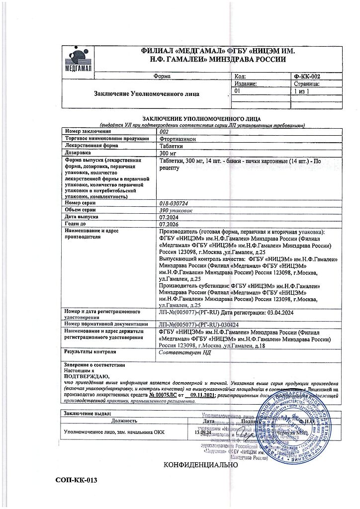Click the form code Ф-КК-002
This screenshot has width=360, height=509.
pos(307,77)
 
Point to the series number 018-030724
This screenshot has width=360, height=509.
pos(178,203)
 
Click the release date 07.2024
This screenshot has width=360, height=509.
pos(168,217)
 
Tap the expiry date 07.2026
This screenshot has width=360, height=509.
pos(168,224)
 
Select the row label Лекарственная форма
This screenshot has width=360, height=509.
pos(91,146)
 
